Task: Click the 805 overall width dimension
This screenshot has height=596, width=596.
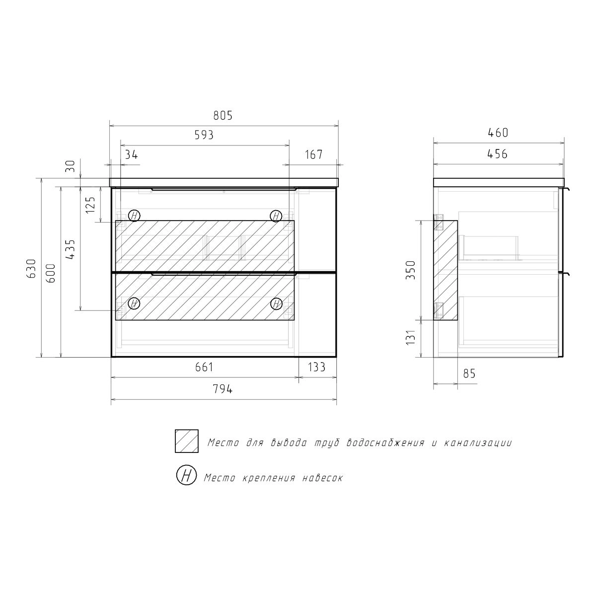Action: click(x=223, y=116)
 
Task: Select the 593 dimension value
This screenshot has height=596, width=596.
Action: click(x=204, y=135)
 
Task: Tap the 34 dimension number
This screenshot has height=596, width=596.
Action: click(x=132, y=154)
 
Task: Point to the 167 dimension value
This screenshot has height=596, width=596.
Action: click(x=314, y=154)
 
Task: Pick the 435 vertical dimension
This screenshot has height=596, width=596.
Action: click(x=70, y=249)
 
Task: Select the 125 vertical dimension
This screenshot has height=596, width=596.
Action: click(x=90, y=205)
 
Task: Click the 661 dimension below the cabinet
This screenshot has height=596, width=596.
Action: click(x=204, y=367)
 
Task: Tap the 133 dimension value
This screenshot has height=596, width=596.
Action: click(x=317, y=367)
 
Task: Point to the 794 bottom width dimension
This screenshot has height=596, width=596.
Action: click(x=223, y=389)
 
